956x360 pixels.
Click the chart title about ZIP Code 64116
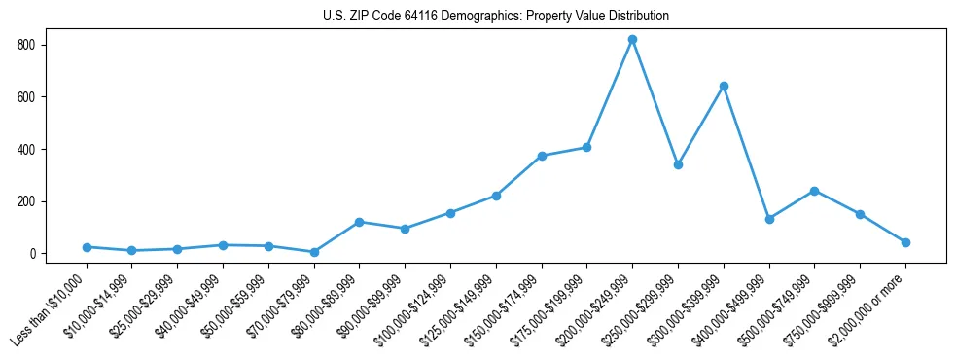[x=495, y=17]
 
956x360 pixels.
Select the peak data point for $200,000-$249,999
[x=632, y=40]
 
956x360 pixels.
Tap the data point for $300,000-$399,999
[x=724, y=87]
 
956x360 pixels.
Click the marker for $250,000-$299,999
[x=678, y=164]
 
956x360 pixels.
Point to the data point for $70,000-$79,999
[x=314, y=252]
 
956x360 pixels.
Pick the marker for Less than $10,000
[x=87, y=247]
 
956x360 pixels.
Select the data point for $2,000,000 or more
[x=905, y=242]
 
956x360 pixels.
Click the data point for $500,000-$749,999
[x=814, y=191]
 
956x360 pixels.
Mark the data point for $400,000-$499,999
[x=769, y=219]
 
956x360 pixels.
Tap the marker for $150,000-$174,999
[x=542, y=156]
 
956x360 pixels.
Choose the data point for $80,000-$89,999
[x=360, y=222]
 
